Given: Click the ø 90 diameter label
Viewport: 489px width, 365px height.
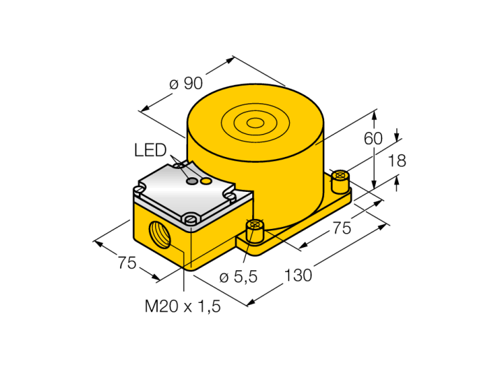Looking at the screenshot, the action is click(x=186, y=84).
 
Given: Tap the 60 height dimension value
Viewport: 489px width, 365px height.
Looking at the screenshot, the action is click(x=372, y=138).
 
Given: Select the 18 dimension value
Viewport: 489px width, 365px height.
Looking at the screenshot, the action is click(x=397, y=161).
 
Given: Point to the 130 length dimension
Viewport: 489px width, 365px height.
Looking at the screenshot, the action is click(x=298, y=275).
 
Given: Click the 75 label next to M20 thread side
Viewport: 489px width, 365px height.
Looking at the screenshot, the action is click(x=127, y=262).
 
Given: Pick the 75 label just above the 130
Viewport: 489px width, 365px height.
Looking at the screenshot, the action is click(x=342, y=228).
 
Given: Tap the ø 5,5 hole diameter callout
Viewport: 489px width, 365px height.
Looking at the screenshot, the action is click(x=239, y=276).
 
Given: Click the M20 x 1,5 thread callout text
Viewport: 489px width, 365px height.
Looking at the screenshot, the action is click(x=183, y=306).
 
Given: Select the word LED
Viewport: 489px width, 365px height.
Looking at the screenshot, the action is click(x=150, y=150).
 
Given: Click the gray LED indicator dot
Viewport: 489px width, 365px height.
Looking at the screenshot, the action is click(x=192, y=181).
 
